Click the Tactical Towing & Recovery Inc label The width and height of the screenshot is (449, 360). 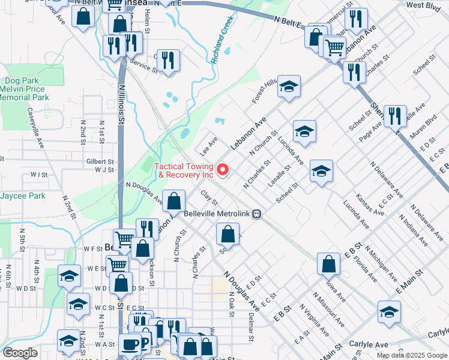[x=184, y=170]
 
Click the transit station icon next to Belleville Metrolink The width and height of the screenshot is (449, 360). [x=256, y=214]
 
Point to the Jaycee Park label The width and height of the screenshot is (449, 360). [x=22, y=196]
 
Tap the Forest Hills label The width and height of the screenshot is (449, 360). [x=264, y=91]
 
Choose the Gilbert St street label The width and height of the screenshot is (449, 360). [x=100, y=162]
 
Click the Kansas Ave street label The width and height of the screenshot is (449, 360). [x=369, y=204]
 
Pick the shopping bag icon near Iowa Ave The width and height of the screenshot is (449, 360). [x=329, y=265]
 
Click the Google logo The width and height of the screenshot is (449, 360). [x=20, y=353]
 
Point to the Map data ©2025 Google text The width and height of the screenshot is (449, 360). [x=411, y=355]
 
